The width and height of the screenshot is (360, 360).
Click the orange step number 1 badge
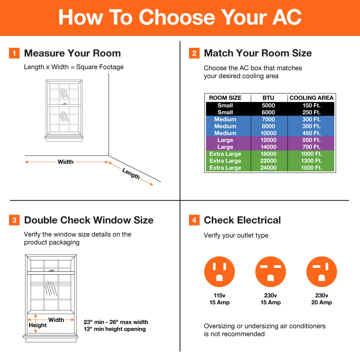[14, 53]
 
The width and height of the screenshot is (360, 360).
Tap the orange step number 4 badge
[194, 220]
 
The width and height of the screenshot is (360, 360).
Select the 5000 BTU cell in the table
[268, 105]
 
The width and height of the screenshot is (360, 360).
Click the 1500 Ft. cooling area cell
[311, 168]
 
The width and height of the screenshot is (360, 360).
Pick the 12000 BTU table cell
[268, 140]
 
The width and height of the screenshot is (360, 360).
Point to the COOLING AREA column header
[311, 98]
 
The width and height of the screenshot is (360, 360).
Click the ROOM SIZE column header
[225, 98]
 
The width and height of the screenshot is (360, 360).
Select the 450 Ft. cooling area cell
[311, 133]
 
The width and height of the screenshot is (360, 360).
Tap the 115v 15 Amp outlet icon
[219, 272]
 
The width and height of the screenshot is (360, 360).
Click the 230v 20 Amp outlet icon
[321, 272]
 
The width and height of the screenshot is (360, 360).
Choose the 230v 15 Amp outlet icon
[270, 272]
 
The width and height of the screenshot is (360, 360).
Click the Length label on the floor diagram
[131, 174]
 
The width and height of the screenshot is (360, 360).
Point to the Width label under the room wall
[66, 162]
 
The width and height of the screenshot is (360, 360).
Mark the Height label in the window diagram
[38, 325]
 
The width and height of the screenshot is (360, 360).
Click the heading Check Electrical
[242, 220]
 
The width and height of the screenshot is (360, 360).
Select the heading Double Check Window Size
[89, 220]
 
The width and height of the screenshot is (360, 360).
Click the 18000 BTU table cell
[268, 154]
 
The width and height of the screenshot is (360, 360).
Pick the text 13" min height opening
[114, 329]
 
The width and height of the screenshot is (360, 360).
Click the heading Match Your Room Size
[258, 53]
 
